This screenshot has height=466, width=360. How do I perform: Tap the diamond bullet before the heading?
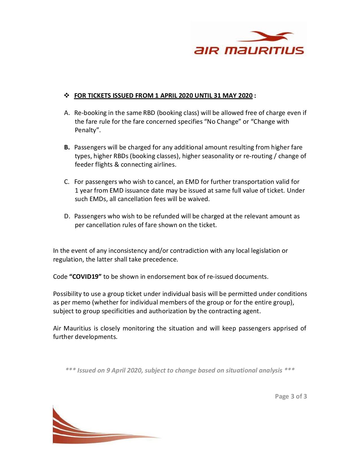coord(67,95)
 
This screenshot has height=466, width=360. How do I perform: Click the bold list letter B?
coord(67,147)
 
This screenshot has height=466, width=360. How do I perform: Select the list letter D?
coord(67,216)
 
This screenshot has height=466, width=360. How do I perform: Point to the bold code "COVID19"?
coord(85,277)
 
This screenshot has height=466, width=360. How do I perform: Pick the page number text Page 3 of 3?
coord(291,397)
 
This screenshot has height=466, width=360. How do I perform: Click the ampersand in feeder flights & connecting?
coord(117,165)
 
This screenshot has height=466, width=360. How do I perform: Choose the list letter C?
coord(67,182)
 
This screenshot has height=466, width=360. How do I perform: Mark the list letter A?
coord(67,113)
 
